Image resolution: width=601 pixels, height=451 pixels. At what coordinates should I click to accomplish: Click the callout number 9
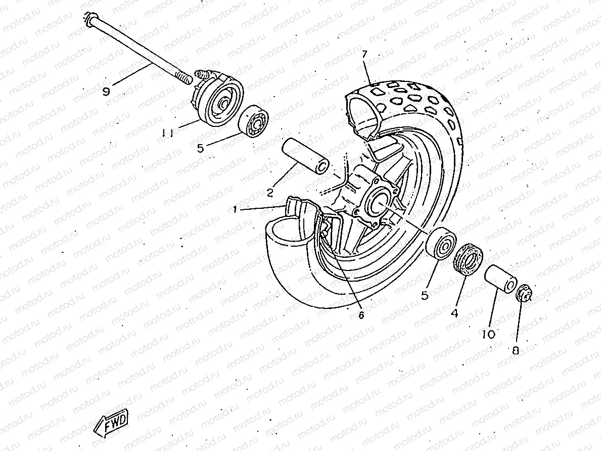coord(106,92)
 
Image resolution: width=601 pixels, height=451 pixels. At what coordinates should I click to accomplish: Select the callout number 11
coord(168,133)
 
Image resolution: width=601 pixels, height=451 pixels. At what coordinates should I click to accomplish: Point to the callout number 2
coord(270,192)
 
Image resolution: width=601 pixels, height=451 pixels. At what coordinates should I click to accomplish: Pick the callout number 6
coord(361,314)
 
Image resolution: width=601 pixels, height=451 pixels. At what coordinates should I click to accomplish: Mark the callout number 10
coord(488,334)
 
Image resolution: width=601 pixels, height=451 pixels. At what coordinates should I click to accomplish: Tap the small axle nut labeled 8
coord(524,293)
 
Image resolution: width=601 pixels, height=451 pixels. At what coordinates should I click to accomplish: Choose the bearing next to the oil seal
coord(442,244)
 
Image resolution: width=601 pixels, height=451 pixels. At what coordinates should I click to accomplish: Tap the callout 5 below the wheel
coord(425,295)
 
